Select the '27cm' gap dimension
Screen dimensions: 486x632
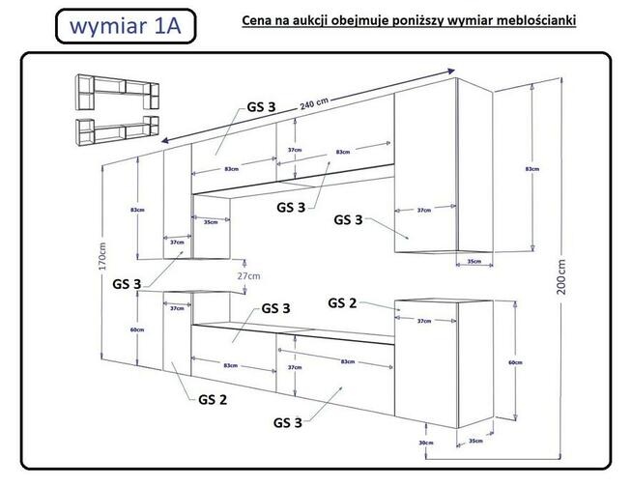coord(248,275)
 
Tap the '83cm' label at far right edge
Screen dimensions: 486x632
coord(531,169)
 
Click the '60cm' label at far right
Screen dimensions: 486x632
coord(516,363)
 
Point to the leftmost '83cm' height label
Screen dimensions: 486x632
coord(137,210)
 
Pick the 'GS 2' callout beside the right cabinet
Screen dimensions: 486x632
coord(342,302)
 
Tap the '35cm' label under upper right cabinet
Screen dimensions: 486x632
coord(474,261)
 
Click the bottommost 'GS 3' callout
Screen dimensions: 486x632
coord(288,422)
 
